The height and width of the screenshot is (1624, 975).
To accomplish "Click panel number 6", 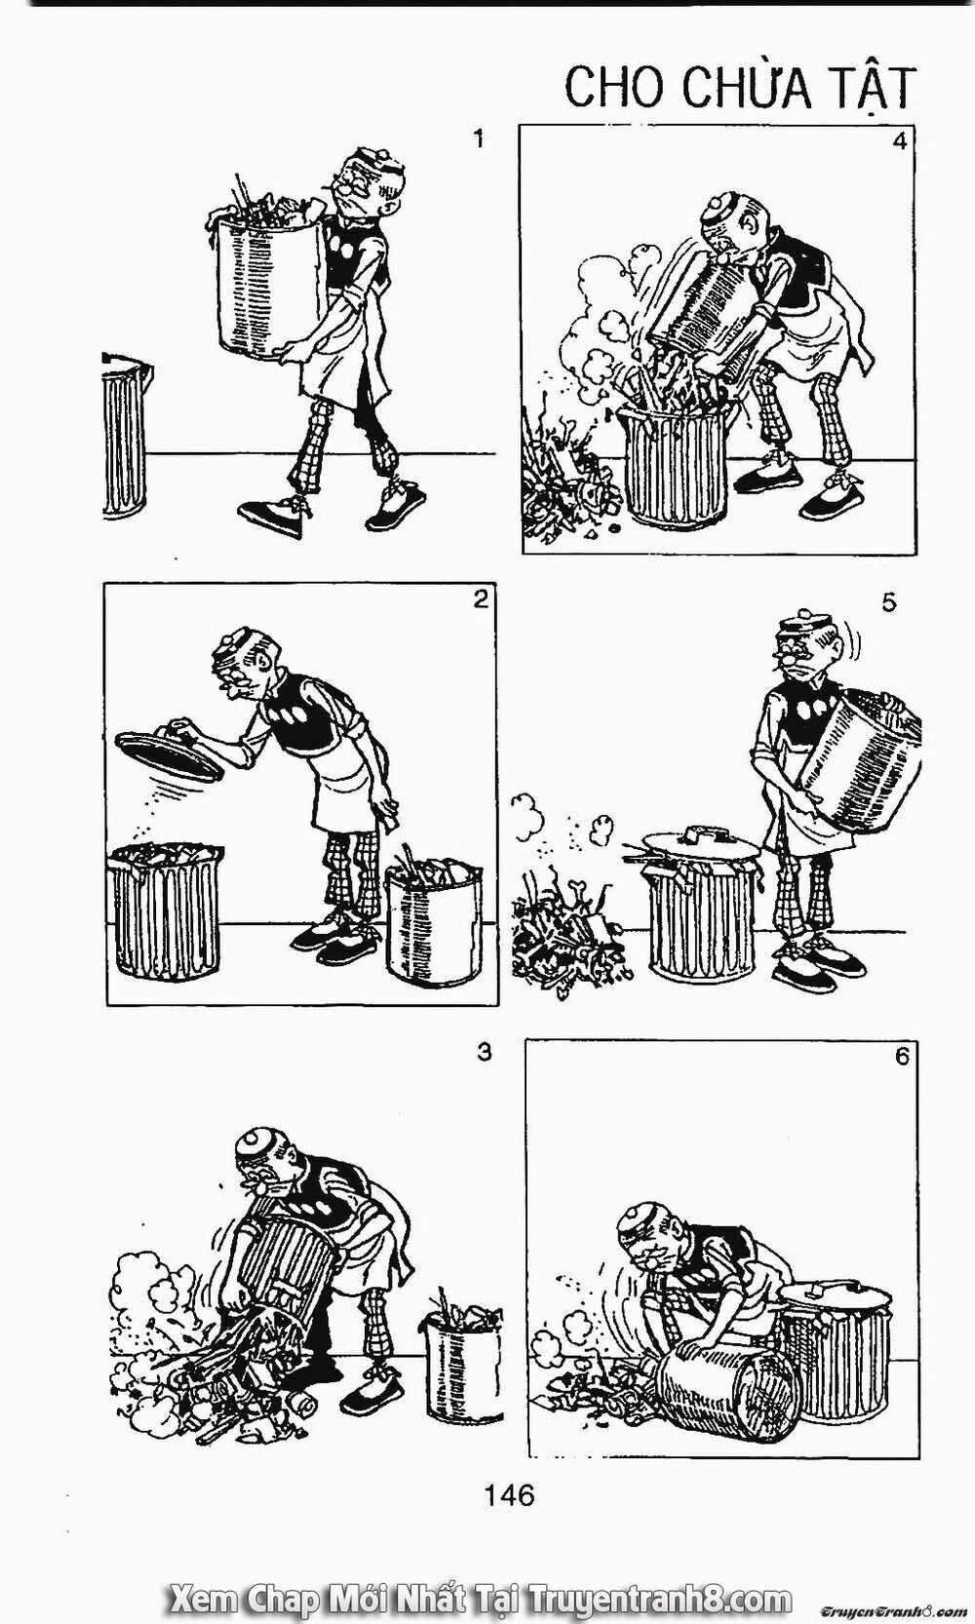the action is coord(901,1057).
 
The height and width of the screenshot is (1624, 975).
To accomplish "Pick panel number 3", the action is coord(484,1052).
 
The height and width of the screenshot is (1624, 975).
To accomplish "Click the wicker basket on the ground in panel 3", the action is coord(459,1345).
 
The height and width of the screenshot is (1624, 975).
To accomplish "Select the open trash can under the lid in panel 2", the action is coord(165,909).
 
